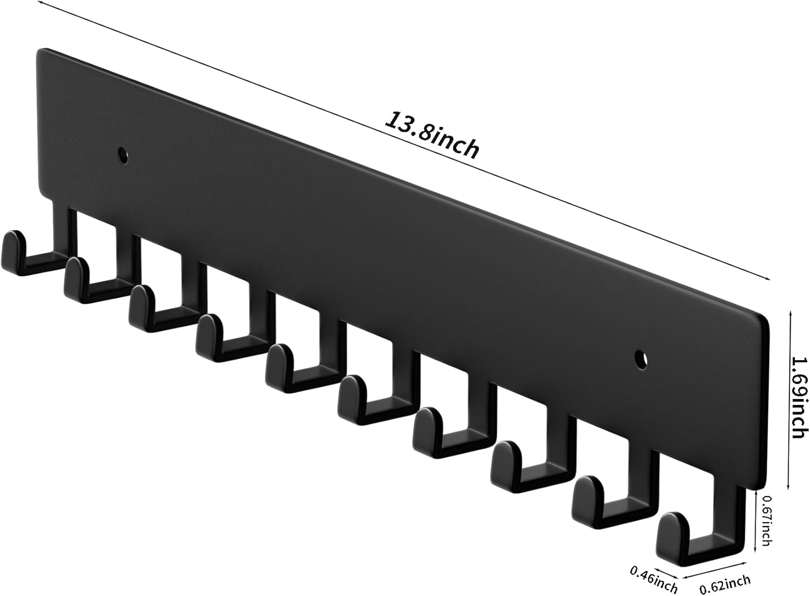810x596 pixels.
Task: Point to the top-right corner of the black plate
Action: click(x=766, y=319)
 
